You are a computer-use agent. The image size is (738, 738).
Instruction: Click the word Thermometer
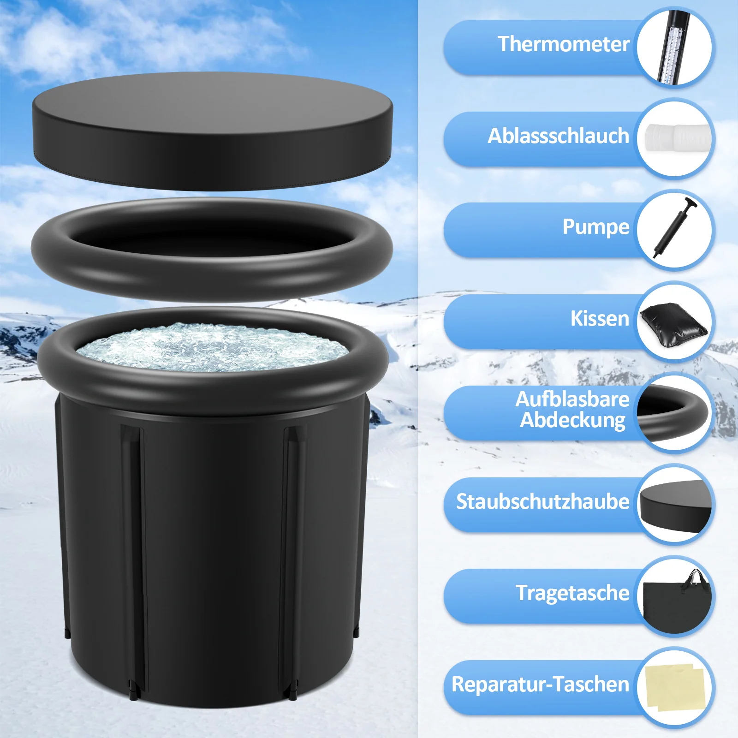coord(564,44)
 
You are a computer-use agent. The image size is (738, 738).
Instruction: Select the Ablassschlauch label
coord(559,136)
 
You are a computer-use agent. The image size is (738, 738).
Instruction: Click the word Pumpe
coord(596,227)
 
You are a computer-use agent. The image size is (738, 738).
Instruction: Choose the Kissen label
coord(600,318)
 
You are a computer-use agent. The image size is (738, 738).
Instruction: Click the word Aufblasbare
coord(572,399)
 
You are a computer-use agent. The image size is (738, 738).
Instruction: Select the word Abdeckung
coord(573,421)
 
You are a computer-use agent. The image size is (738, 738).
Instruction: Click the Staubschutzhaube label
coord(543,502)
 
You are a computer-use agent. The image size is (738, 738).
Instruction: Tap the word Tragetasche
coord(572,593)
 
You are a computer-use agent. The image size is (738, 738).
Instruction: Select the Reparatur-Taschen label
coord(541,684)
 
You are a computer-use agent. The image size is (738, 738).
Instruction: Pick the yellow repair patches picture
coord(674,688)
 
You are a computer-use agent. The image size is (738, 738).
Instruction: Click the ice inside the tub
coord(212,347)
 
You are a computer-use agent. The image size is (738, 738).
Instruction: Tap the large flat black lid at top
coord(212,131)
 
